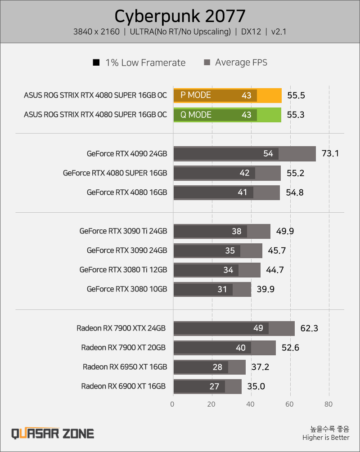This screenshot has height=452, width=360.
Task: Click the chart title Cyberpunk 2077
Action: click(x=180, y=16)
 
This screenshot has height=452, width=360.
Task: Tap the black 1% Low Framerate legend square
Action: click(x=96, y=62)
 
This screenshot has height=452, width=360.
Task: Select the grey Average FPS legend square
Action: click(x=207, y=62)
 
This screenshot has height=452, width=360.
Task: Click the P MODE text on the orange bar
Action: click(x=196, y=95)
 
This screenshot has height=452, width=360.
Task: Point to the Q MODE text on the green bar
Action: click(x=196, y=115)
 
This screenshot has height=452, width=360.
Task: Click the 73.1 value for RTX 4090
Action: click(x=330, y=153)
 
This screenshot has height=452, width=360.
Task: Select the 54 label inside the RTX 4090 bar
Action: click(x=268, y=153)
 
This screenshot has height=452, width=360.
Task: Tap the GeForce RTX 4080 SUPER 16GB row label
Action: click(x=115, y=173)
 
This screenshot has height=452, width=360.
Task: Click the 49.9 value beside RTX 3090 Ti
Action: click(x=285, y=231)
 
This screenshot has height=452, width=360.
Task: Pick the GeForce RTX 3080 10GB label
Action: click(x=127, y=289)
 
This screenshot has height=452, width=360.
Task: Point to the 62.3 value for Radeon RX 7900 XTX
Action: click(x=309, y=328)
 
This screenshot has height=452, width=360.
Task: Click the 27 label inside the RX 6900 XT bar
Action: click(x=214, y=386)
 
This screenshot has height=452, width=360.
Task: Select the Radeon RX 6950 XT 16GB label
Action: click(x=125, y=367)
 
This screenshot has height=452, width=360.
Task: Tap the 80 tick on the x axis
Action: click(x=328, y=404)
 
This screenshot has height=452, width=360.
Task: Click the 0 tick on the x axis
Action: click(x=172, y=404)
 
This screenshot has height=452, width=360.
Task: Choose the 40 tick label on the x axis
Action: click(x=250, y=404)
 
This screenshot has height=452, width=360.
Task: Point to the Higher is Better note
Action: click(x=326, y=438)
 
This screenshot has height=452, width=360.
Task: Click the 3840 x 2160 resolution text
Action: click(x=96, y=32)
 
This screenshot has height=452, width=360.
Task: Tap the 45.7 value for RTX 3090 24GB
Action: click(x=277, y=251)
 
